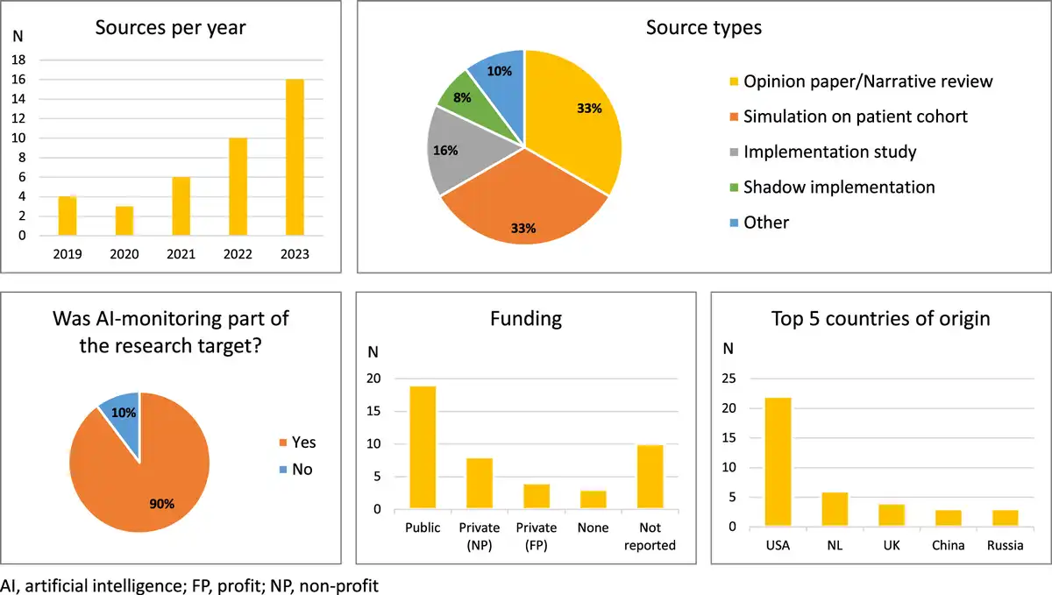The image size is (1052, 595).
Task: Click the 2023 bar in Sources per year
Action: [294, 158]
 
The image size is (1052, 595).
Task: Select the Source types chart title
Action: [703, 27]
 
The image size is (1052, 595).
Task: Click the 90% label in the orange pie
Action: [162, 503]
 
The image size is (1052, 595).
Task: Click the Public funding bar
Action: [423, 447]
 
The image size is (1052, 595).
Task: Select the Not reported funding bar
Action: [650, 477]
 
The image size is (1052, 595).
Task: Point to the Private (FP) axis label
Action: [537, 535]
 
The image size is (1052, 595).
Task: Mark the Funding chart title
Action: [525, 318]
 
